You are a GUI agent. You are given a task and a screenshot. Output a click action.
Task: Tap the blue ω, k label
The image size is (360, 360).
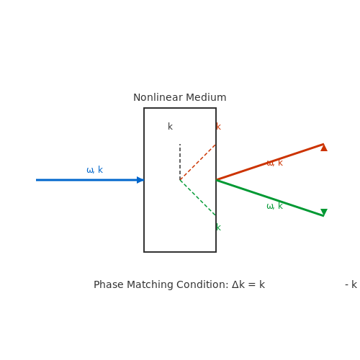[95, 170]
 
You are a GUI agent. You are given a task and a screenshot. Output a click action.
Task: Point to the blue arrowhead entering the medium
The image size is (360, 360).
[140, 180]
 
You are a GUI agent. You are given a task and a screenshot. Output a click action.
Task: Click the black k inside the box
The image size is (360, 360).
[170, 126]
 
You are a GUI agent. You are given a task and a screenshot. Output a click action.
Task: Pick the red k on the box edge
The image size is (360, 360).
[218, 126]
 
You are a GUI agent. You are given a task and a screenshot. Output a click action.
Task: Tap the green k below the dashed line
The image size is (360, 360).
[218, 227]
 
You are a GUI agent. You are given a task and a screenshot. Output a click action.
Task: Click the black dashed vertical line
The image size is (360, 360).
[180, 162]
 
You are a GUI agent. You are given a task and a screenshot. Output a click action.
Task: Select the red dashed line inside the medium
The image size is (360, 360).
[198, 162]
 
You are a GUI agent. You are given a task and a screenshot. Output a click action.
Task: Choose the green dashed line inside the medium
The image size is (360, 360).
[198, 198]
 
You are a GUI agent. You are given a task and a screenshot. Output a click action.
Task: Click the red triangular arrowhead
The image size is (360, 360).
[324, 148]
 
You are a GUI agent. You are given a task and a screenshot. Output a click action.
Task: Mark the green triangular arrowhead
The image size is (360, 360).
[324, 212]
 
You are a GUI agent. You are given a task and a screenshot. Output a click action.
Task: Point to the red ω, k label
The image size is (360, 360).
[275, 163]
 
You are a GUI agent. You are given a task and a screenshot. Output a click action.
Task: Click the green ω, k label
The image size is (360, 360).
[275, 206]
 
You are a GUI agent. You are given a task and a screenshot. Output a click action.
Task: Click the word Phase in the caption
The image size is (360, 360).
[109, 284]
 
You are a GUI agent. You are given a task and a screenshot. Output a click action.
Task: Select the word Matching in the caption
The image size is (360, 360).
[150, 285]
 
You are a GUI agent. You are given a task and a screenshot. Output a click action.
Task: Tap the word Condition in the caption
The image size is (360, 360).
[202, 284]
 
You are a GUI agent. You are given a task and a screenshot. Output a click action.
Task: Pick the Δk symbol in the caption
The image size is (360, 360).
[238, 284]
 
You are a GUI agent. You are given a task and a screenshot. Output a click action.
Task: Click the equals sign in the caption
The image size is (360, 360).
[252, 285]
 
